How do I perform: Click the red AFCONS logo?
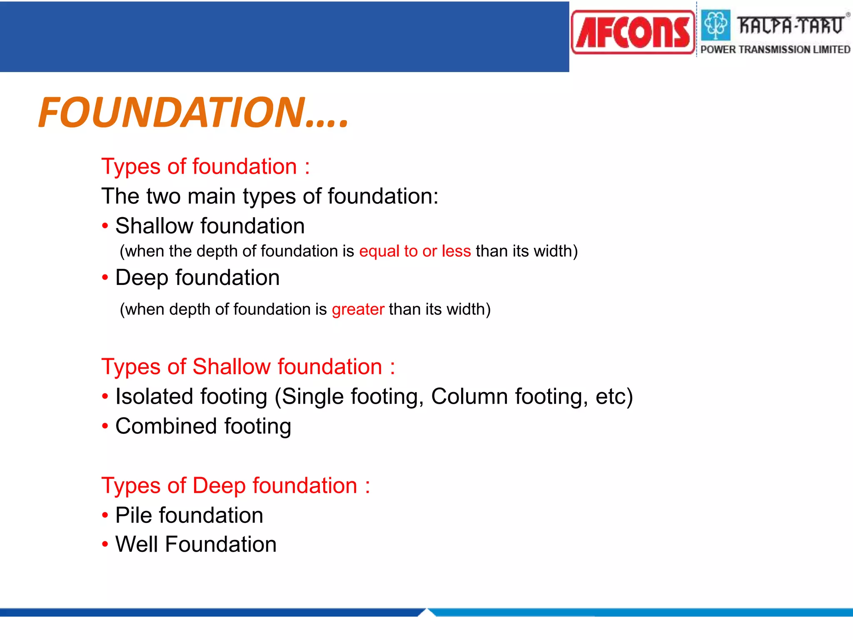tap(633, 32)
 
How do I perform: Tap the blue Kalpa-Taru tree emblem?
tap(716, 25)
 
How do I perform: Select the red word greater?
tap(358, 310)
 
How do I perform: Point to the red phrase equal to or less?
tap(415, 251)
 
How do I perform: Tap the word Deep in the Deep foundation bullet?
tap(142, 278)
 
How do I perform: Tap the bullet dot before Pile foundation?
tap(105, 515)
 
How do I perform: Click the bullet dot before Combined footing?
tap(105, 426)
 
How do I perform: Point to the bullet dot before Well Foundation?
tap(105, 545)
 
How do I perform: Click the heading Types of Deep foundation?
tap(235, 486)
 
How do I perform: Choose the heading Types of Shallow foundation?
tap(248, 367)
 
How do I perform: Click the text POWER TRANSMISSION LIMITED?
tap(775, 50)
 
